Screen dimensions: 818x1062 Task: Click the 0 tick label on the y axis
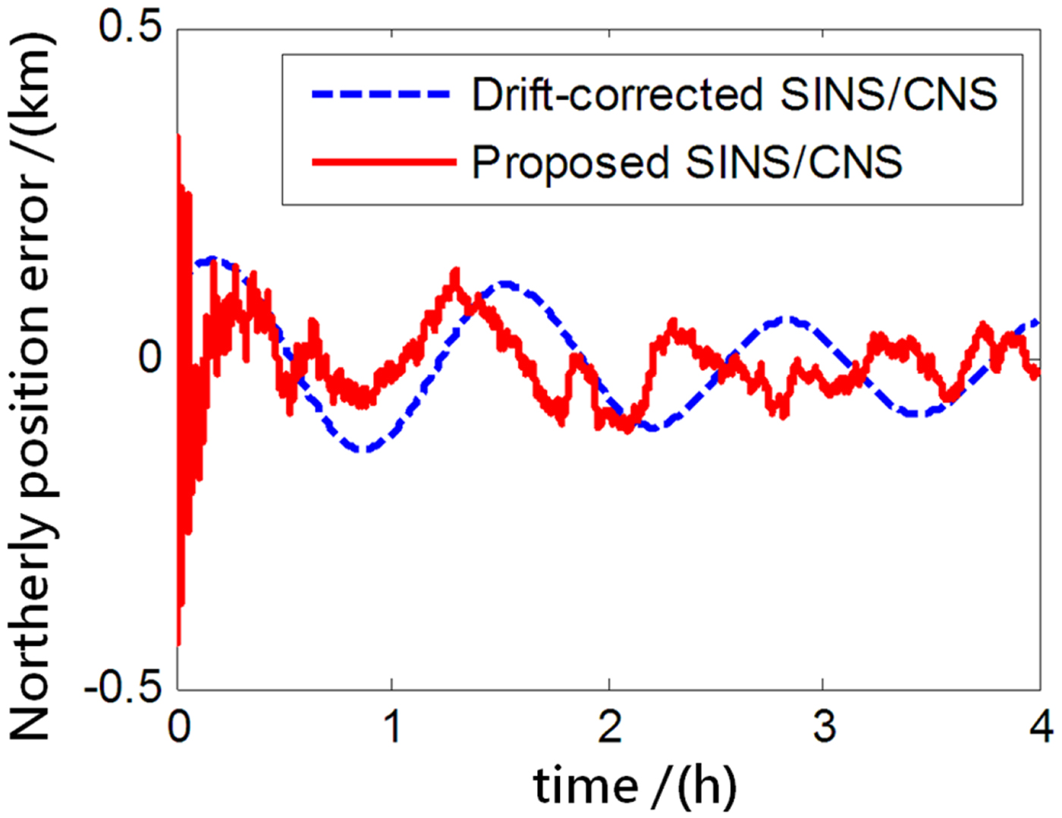pyautogui.click(x=150, y=357)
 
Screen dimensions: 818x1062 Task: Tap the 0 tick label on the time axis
pyautogui.click(x=179, y=727)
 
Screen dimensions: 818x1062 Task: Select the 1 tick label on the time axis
pyautogui.click(x=391, y=727)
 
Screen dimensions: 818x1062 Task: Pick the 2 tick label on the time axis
pyautogui.click(x=608, y=727)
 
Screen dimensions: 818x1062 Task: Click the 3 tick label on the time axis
pyautogui.click(x=824, y=727)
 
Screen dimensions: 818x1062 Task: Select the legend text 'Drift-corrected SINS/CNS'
pyautogui.click(x=734, y=95)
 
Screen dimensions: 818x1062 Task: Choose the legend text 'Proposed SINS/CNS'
pyautogui.click(x=687, y=162)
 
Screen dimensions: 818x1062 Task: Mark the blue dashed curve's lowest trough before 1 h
pyautogui.click(x=364, y=450)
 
